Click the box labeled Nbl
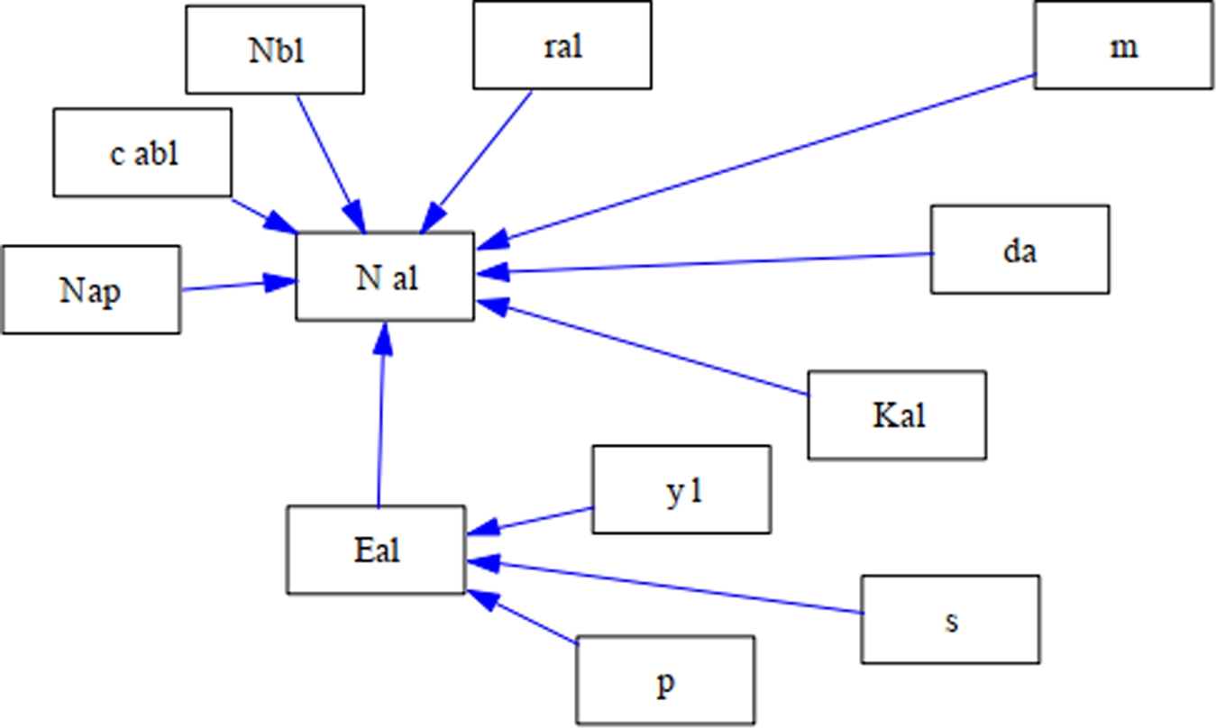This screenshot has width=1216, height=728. pos(275,49)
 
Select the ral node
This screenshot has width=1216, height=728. pos(562,45)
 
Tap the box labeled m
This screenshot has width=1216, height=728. pos(1123,45)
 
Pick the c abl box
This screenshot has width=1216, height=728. pos(142,152)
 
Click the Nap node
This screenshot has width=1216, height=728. pos(90,290)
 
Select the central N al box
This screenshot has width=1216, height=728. pos(385,277)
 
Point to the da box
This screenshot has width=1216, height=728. pos(1019,250)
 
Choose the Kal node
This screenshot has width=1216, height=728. pos(897,415)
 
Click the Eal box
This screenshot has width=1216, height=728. pos(376,550)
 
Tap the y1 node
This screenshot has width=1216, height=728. pos(681,489)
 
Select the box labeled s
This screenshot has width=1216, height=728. pos(950,620)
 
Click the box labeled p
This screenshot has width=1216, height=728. pos(664,680)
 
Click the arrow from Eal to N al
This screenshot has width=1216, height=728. pos(382,414)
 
